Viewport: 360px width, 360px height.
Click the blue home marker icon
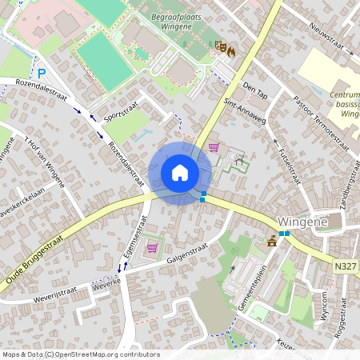click(180, 173)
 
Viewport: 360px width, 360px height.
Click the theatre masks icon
click(220, 46)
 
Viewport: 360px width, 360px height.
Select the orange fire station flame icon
click(231, 50)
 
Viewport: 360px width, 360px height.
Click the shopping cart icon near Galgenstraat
click(152, 247)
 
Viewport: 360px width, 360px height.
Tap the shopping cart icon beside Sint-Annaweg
click(213, 147)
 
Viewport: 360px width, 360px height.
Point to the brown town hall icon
click(272, 240)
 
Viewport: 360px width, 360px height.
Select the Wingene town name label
click(298, 221)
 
